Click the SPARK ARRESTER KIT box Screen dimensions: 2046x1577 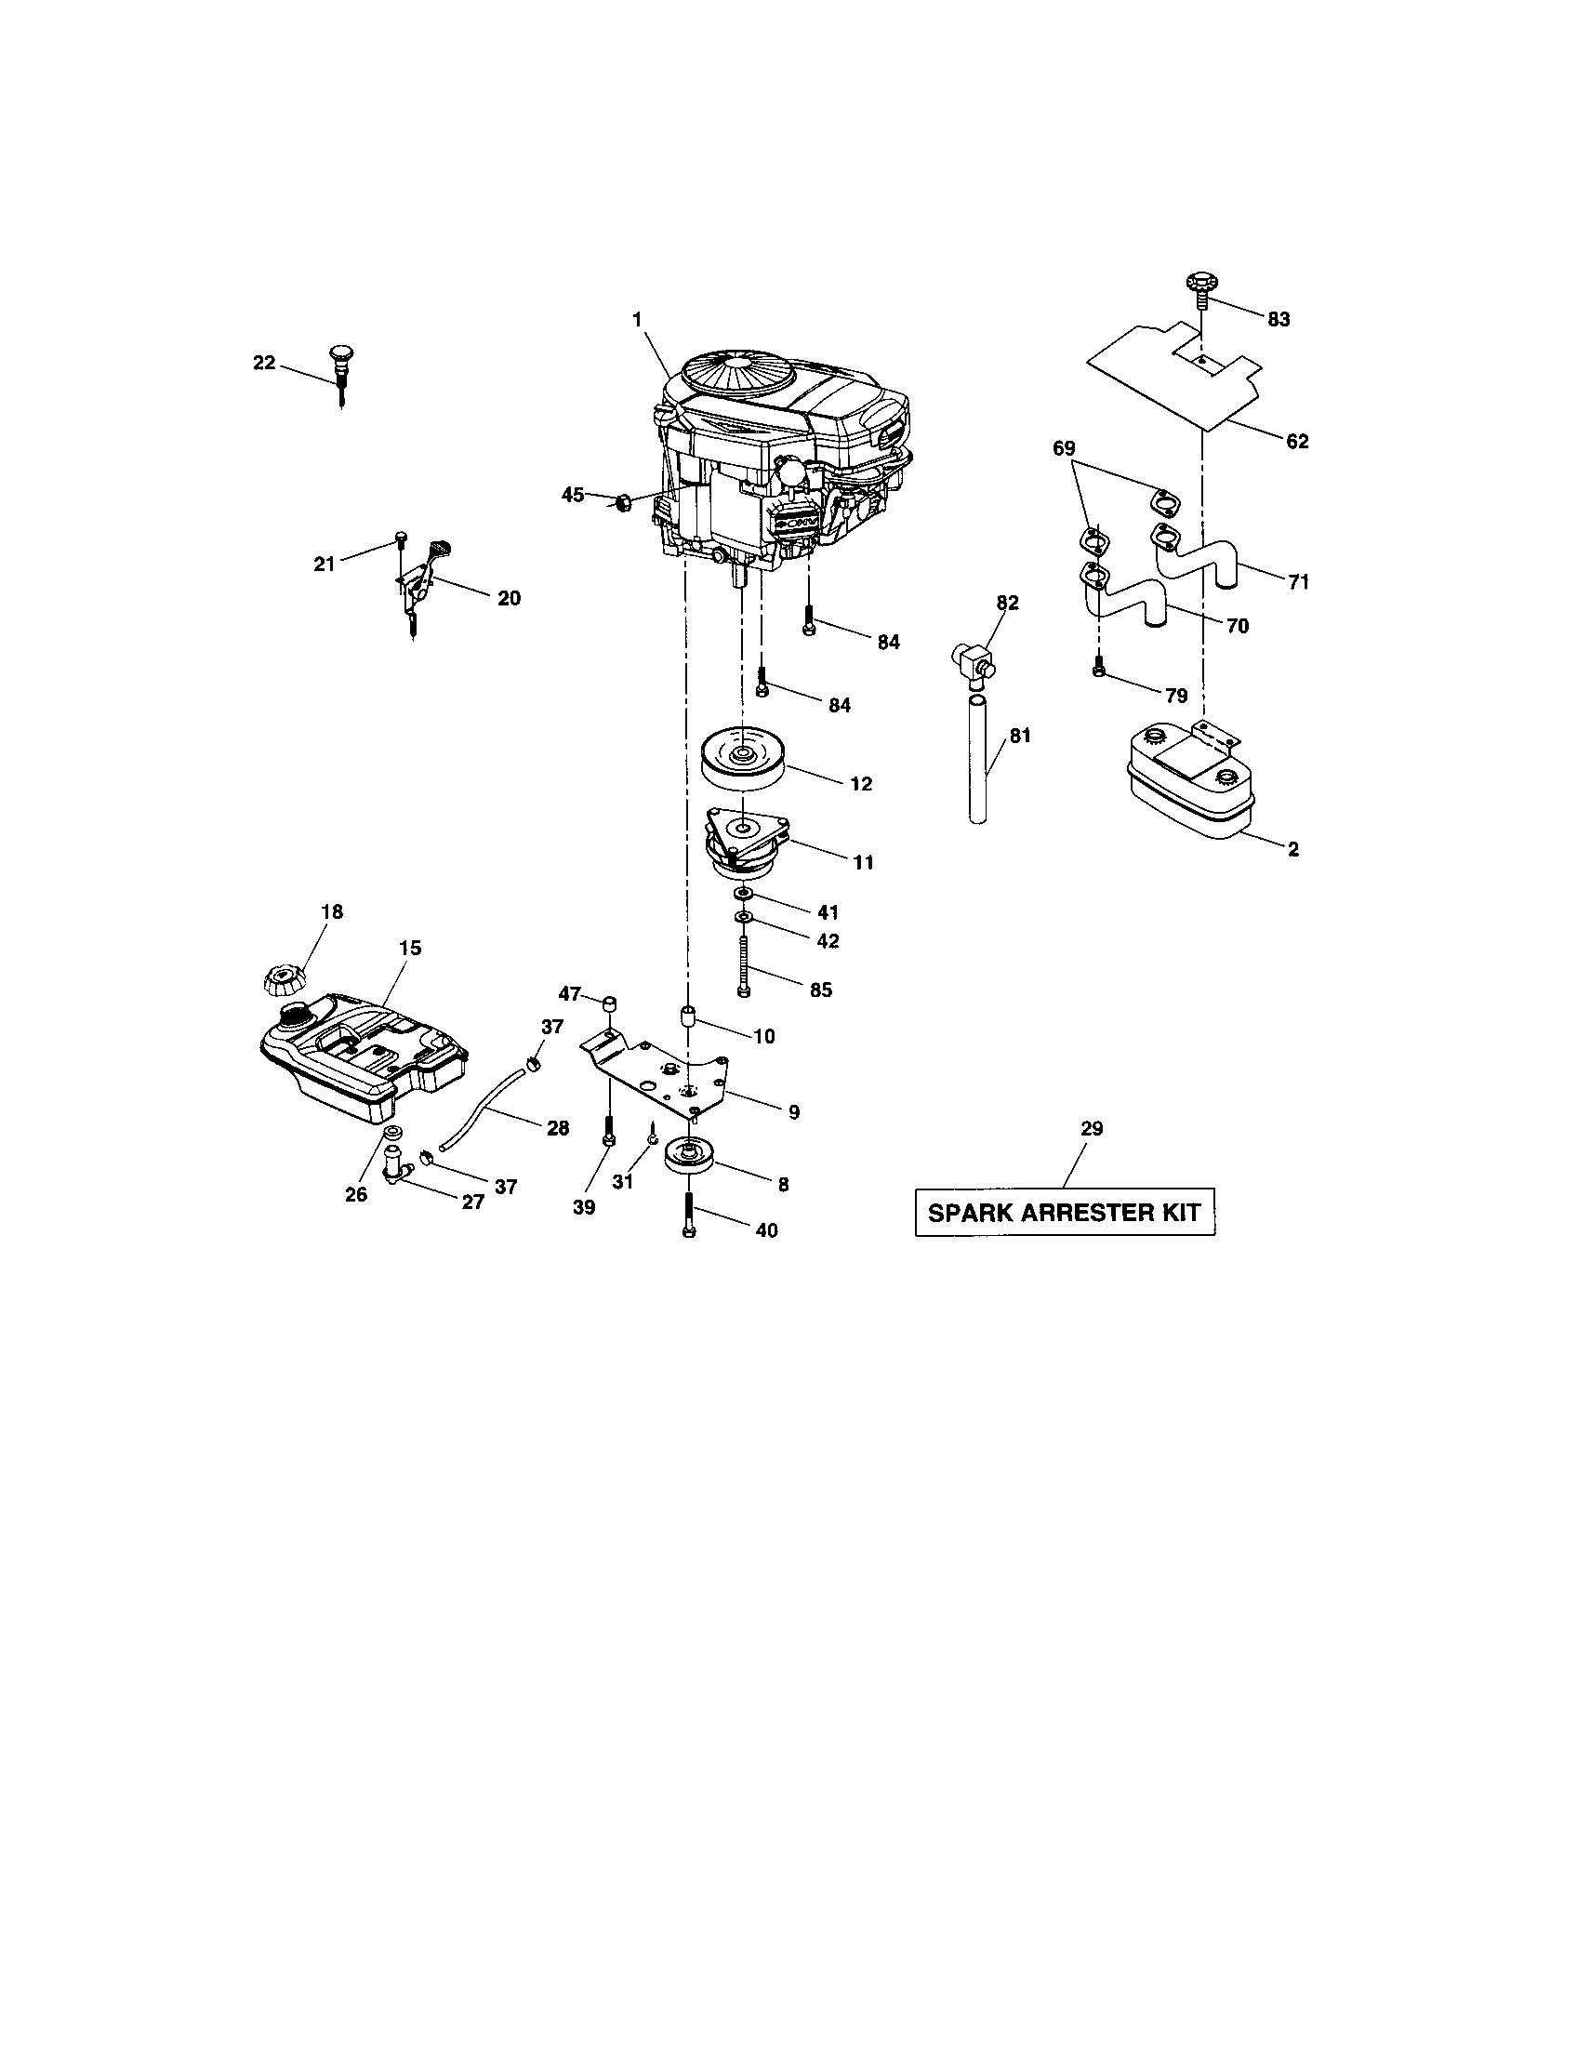click(x=1064, y=1212)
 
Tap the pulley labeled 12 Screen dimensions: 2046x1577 click(x=742, y=764)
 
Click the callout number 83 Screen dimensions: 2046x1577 click(x=1278, y=319)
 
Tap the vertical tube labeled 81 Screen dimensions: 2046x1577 click(x=977, y=759)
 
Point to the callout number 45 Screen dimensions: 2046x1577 click(x=572, y=494)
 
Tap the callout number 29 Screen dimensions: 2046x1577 click(x=1092, y=1128)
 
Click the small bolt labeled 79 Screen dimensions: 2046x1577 click(x=1099, y=668)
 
